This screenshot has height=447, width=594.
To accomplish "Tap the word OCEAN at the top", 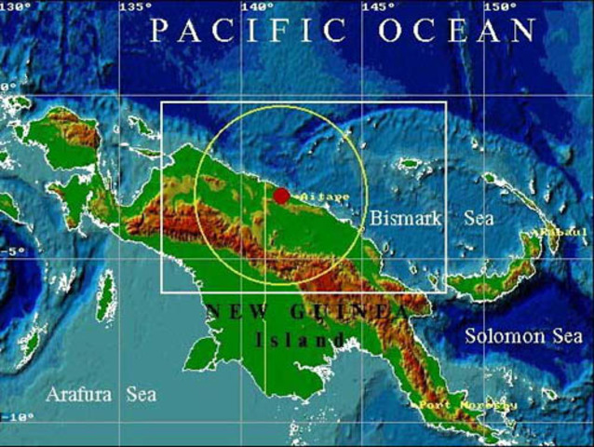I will pyautogui.click(x=457, y=30).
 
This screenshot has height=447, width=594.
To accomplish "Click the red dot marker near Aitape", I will pyautogui.click(x=281, y=196).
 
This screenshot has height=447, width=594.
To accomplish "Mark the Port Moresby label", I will pyautogui.click(x=455, y=405).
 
